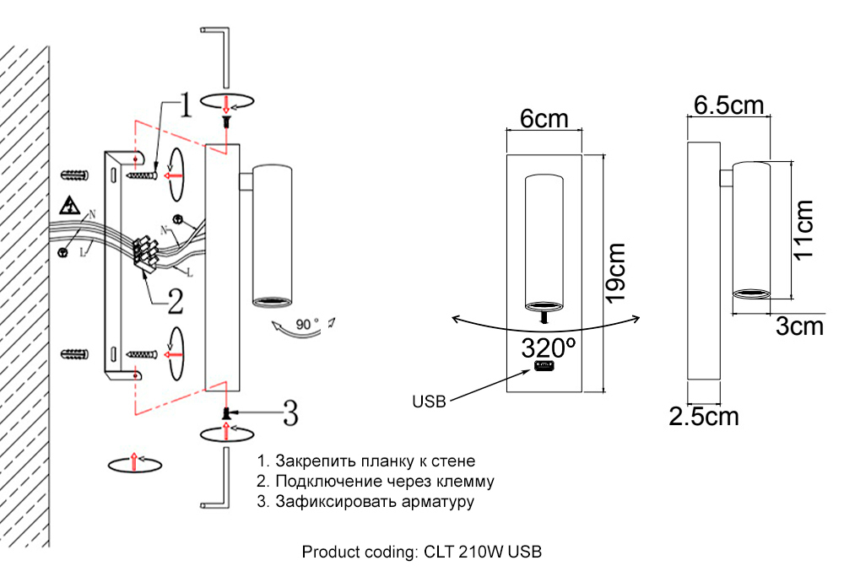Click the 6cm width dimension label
(x=544, y=119)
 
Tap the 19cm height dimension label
(x=614, y=272)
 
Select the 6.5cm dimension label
(x=728, y=105)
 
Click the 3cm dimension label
(x=799, y=326)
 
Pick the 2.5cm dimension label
(x=704, y=416)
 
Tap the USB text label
(x=430, y=401)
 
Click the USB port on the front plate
(x=544, y=369)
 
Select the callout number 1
(x=185, y=106)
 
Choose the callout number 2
(x=174, y=299)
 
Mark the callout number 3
(x=289, y=413)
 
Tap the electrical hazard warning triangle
(x=69, y=206)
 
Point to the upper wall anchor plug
(x=75, y=175)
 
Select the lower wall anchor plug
(x=75, y=352)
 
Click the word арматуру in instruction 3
(x=439, y=502)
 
